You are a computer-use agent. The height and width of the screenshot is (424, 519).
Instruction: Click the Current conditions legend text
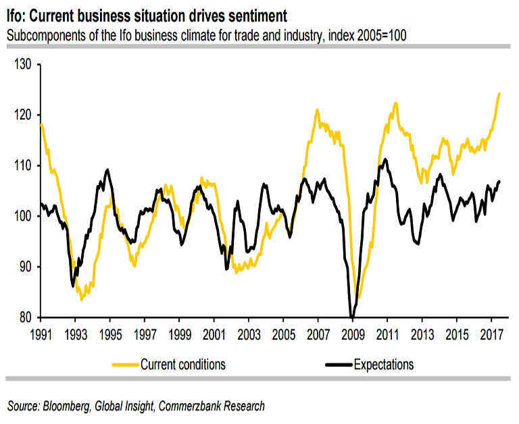pos(183,365)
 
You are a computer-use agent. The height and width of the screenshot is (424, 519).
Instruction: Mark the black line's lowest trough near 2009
pos(352,316)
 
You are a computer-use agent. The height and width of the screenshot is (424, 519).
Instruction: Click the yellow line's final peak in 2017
pos(499,94)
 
